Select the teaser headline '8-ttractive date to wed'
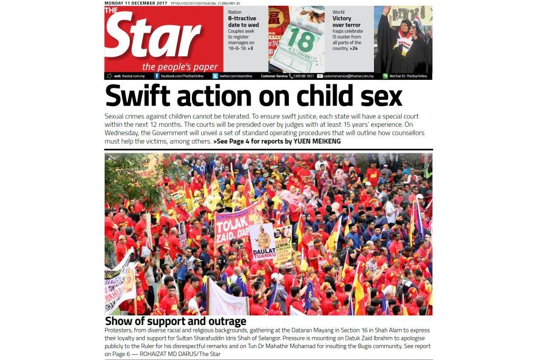pyautogui.click(x=243, y=22)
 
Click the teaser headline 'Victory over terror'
pyautogui.click(x=346, y=22)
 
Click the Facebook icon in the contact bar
pyautogui.click(x=156, y=76)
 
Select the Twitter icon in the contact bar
pyautogui.click(x=215, y=76)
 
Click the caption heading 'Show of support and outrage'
pyautogui.click(x=175, y=322)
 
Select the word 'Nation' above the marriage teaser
pyautogui.click(x=234, y=11)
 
